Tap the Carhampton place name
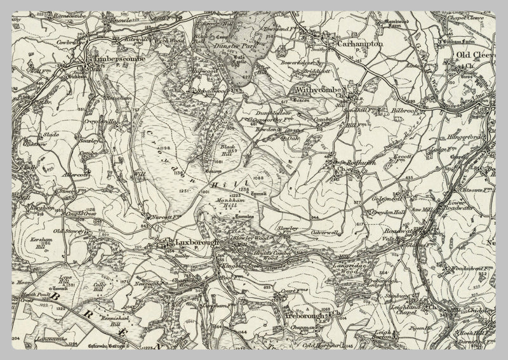360,45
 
